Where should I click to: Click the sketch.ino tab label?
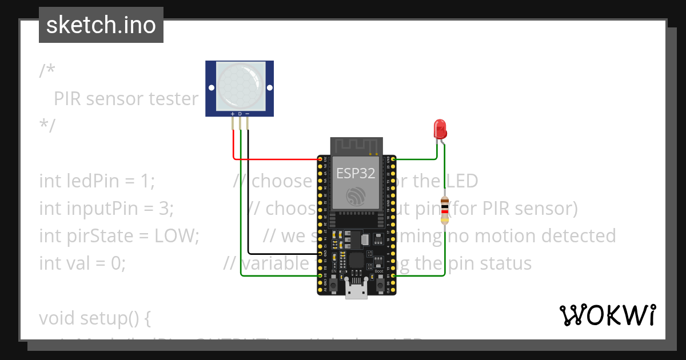(101, 25)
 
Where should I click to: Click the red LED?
(440, 129)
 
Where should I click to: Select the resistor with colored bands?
(445, 210)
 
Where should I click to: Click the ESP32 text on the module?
(356, 173)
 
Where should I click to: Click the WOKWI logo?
(607, 315)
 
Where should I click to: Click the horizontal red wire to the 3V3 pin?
(274, 158)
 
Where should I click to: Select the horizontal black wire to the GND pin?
(283, 253)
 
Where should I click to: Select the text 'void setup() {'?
(94, 318)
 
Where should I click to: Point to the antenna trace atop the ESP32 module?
(356, 146)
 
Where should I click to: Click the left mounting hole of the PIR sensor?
(212, 88)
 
